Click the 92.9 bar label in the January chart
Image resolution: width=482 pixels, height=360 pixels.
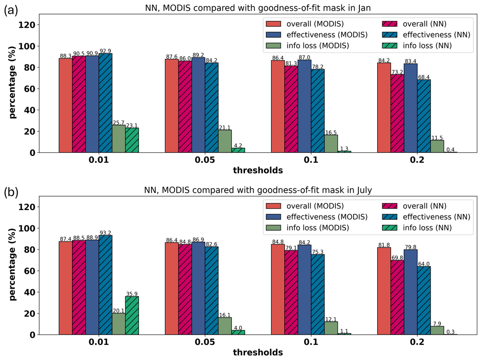(105, 51)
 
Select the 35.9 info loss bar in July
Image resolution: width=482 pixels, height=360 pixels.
(132, 315)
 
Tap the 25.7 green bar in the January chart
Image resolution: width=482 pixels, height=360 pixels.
(119, 139)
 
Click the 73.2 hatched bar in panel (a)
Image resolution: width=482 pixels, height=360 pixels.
(397, 114)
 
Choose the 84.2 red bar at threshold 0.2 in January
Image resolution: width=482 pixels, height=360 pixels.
(384, 108)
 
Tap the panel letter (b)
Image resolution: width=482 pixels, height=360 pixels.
(11, 192)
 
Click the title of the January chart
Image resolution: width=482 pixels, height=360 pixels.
(258, 8)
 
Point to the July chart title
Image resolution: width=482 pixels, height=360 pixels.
(258, 190)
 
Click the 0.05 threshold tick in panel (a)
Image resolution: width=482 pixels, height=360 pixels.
(205, 160)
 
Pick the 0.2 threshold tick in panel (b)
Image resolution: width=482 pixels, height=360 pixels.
(417, 342)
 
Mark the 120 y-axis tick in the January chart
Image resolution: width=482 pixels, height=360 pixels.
(27, 25)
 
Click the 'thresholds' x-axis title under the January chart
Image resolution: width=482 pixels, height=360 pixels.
(258, 170)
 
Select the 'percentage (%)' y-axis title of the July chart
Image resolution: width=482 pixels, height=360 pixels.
(12, 264)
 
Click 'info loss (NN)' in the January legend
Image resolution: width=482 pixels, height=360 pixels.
(427, 46)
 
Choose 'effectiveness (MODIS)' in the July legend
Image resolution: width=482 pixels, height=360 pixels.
(327, 217)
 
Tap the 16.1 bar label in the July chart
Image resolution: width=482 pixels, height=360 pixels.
(225, 315)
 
